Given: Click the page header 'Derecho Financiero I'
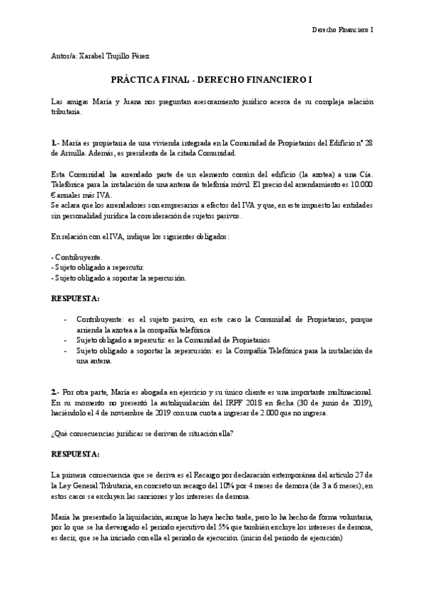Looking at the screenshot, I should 343,30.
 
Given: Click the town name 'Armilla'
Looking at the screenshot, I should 73,152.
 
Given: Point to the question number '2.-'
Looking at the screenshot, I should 55,392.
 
